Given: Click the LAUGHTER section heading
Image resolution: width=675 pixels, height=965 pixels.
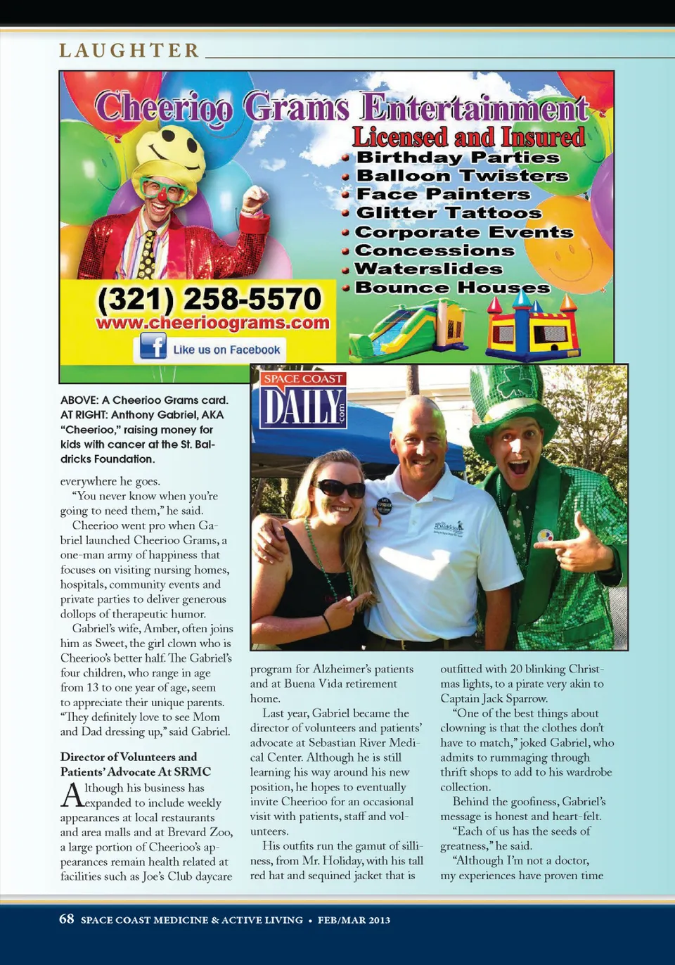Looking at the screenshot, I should [129, 51].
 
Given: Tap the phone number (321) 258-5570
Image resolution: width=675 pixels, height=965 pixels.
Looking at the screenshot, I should [209, 299].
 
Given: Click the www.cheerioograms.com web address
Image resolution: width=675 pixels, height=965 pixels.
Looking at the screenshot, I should [212, 323].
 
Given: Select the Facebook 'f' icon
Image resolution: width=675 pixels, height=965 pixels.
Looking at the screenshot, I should [153, 346].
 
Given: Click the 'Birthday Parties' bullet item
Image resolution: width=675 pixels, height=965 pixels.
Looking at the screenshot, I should [457, 158].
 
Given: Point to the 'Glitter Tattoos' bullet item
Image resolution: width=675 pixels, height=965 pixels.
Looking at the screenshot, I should [449, 212].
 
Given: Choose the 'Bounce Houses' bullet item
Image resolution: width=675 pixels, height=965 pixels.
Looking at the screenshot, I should [452, 288].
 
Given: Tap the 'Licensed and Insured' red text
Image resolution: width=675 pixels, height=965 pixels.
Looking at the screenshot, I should [468, 136].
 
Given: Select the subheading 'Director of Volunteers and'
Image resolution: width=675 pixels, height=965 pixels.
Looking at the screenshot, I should [129, 757].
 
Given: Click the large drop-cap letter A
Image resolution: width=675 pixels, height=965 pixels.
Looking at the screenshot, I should [72, 795].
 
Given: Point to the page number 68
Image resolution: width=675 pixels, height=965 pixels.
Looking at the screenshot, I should [66, 919].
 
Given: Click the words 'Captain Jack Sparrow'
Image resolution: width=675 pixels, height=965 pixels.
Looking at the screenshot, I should [493, 698].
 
